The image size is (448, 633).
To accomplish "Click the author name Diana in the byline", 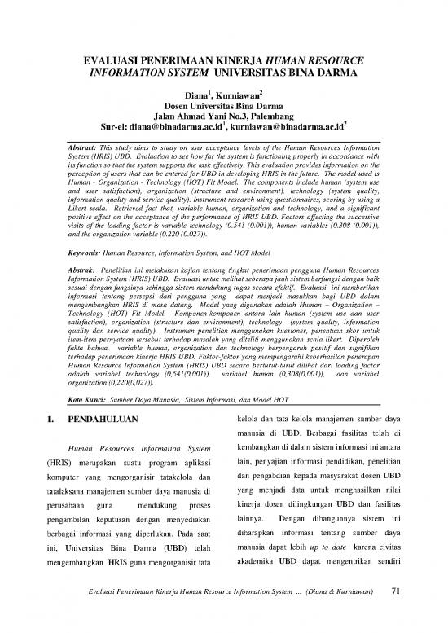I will tap(199, 96).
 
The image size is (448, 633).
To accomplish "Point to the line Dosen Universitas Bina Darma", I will tap(223, 107).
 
